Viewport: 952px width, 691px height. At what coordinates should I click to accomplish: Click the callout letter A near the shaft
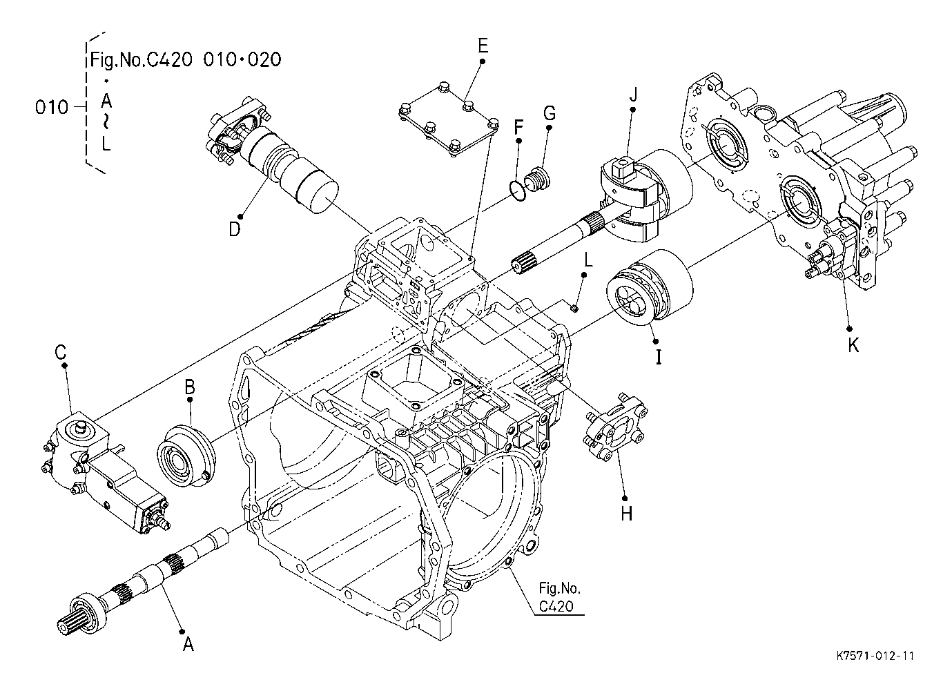188,645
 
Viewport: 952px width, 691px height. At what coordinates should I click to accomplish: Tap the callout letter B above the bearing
190,387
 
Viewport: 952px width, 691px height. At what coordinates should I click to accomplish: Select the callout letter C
61,352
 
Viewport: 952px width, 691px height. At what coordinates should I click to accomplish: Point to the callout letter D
235,229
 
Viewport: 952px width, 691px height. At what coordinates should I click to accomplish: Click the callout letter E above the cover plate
483,46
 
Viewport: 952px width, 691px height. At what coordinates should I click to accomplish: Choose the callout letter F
518,127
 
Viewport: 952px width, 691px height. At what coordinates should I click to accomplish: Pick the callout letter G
550,113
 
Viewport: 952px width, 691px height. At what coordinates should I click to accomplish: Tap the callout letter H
626,514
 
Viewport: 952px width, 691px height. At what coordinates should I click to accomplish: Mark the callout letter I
659,357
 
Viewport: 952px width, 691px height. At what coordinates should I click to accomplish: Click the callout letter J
633,95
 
